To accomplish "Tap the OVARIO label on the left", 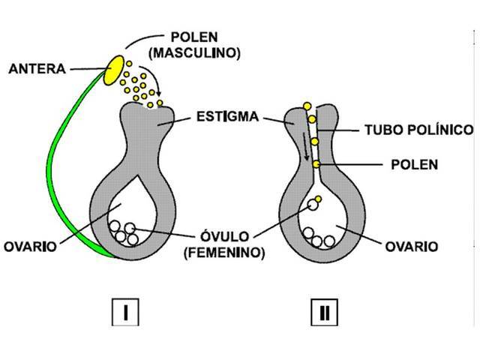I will click(30, 246).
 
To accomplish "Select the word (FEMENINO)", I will click(223, 253).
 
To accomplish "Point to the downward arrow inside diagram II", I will click(305, 145).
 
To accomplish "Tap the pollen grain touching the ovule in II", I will click(318, 199).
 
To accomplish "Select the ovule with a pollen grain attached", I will click(310, 205).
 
